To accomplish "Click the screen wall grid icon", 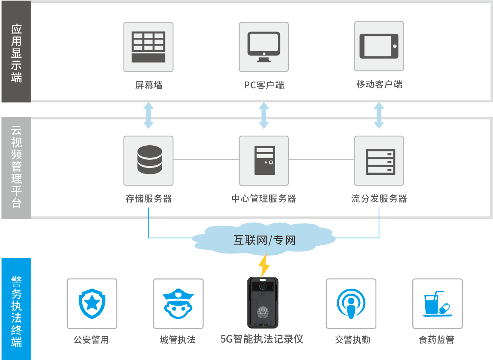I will tap(148, 47).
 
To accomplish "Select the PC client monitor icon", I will tap(264, 47).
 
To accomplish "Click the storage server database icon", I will tap(148, 160).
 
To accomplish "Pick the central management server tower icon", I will tap(264, 160).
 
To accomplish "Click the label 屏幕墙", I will tap(148, 85).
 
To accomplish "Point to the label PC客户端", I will tap(264, 85).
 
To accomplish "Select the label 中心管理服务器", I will tap(264, 199).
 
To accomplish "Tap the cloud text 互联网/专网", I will tap(264, 241).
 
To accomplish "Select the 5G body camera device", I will tap(263, 303).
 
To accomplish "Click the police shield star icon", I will tap(92, 303).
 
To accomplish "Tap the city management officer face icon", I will tap(178, 303).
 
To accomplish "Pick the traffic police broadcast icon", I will tap(351, 303).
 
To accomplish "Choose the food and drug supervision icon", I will tap(437, 303).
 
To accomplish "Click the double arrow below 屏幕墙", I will tap(148, 115).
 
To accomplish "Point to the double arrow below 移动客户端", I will tap(379, 115).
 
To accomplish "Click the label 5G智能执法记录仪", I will tap(262, 339).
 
